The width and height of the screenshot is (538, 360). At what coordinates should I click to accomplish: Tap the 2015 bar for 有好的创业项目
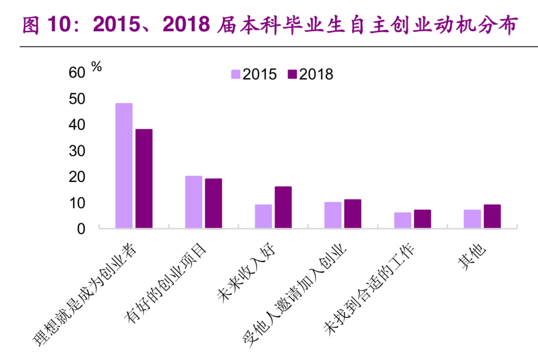pyautogui.click(x=194, y=202)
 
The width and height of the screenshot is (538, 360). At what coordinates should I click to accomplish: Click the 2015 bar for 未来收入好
pyautogui.click(x=263, y=216)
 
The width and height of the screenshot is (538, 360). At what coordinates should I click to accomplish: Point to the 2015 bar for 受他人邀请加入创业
pyautogui.click(x=333, y=215)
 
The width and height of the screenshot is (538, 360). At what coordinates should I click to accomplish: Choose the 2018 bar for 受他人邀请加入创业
pyautogui.click(x=353, y=214)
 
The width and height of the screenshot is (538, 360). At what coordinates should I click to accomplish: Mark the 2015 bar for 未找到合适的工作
pyautogui.click(x=403, y=220)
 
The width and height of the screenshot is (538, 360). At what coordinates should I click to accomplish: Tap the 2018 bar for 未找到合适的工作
pyautogui.click(x=422, y=219)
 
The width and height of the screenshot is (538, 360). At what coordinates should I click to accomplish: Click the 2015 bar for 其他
pyautogui.click(x=472, y=219)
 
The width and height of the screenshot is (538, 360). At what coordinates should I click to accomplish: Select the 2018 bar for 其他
pyautogui.click(x=492, y=216)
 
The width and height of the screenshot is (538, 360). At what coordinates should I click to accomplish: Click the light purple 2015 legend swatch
pyautogui.click(x=236, y=74)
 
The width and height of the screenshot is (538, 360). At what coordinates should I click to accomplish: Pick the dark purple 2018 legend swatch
pyautogui.click(x=292, y=74)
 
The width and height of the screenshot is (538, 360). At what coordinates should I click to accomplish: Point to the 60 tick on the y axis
pyautogui.click(x=76, y=73)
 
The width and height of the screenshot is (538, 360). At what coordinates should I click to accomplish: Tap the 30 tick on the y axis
pyautogui.click(x=76, y=151)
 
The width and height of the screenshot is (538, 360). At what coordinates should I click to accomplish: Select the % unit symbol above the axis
pyautogui.click(x=96, y=67)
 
